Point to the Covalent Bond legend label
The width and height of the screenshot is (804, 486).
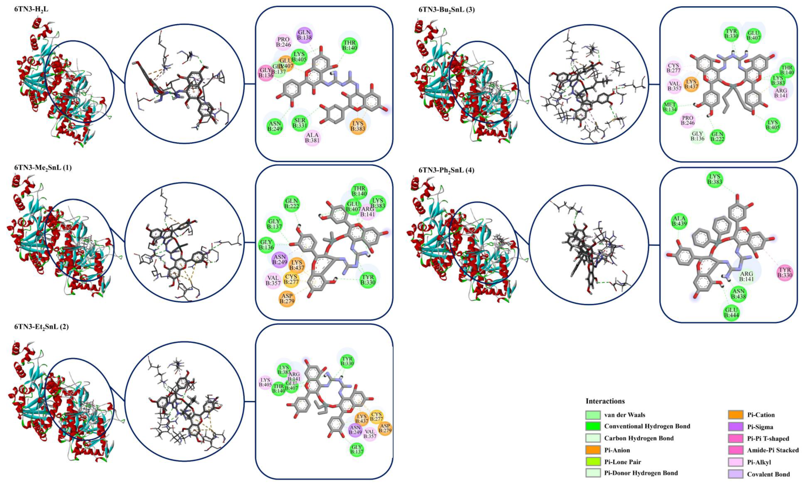(x=768, y=474)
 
